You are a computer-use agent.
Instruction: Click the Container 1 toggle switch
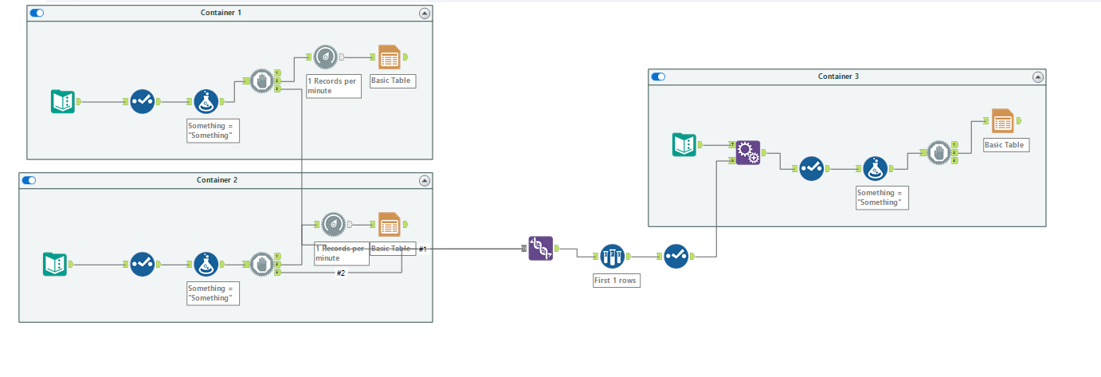coord(37,13)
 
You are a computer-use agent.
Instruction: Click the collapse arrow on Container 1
coord(424,13)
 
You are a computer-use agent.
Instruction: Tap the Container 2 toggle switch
coord(29,180)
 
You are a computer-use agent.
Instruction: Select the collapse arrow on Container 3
coord(1037,77)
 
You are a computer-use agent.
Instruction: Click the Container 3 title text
coord(838,77)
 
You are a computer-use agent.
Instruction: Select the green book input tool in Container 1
coord(63,101)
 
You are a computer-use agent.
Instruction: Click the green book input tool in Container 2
coord(55,264)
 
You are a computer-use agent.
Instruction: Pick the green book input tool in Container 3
coord(684,144)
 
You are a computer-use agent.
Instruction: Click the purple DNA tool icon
coord(541,249)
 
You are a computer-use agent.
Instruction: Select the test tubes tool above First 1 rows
coord(612,256)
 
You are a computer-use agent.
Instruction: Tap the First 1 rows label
coord(615,281)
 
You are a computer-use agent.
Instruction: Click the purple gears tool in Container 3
coord(747,152)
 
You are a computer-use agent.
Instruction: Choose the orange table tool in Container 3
coord(1002,121)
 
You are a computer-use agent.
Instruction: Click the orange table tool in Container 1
coord(390,57)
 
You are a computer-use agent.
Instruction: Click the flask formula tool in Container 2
coord(206,264)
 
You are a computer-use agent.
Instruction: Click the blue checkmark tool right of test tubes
coord(676,256)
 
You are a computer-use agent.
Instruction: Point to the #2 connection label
coord(341,273)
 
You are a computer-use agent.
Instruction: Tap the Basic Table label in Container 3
coord(1004,145)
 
